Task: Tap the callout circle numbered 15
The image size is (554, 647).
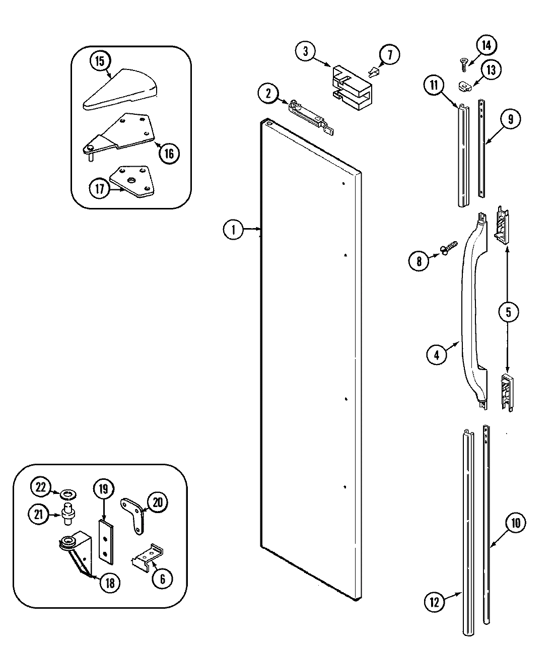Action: tap(100, 61)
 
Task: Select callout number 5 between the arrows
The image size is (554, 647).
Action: tap(508, 312)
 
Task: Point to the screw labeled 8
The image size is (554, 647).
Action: tap(449, 248)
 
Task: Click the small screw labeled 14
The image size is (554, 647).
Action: tap(463, 62)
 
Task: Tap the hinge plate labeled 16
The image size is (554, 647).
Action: tap(121, 133)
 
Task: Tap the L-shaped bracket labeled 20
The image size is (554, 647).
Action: tap(134, 514)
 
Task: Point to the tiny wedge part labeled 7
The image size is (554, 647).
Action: tap(373, 71)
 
